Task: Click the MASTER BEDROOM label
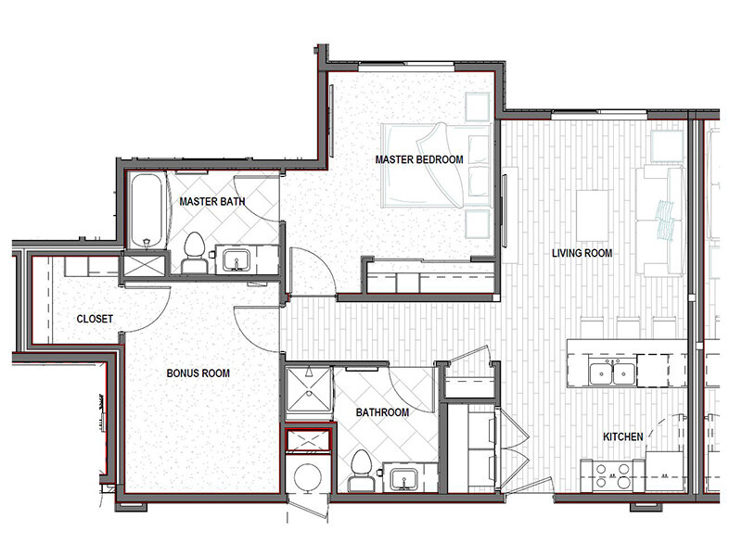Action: coord(419,159)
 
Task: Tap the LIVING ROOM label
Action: coord(582,253)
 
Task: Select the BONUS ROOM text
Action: coord(198,373)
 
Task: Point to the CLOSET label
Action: coord(95,319)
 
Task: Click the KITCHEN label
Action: coord(622,436)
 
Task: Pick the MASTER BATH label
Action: coord(212,201)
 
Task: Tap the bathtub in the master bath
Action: coord(147,211)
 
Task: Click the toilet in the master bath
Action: coord(194,253)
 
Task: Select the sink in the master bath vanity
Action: coord(237,260)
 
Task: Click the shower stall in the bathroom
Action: coord(309,389)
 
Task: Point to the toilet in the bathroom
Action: coord(361,471)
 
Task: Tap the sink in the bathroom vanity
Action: coord(403,479)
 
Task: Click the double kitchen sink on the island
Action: coord(612,372)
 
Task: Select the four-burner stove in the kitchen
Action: coord(613,475)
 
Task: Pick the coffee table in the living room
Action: coord(593,216)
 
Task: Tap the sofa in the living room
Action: coord(660,221)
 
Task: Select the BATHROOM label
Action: coord(382,412)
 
